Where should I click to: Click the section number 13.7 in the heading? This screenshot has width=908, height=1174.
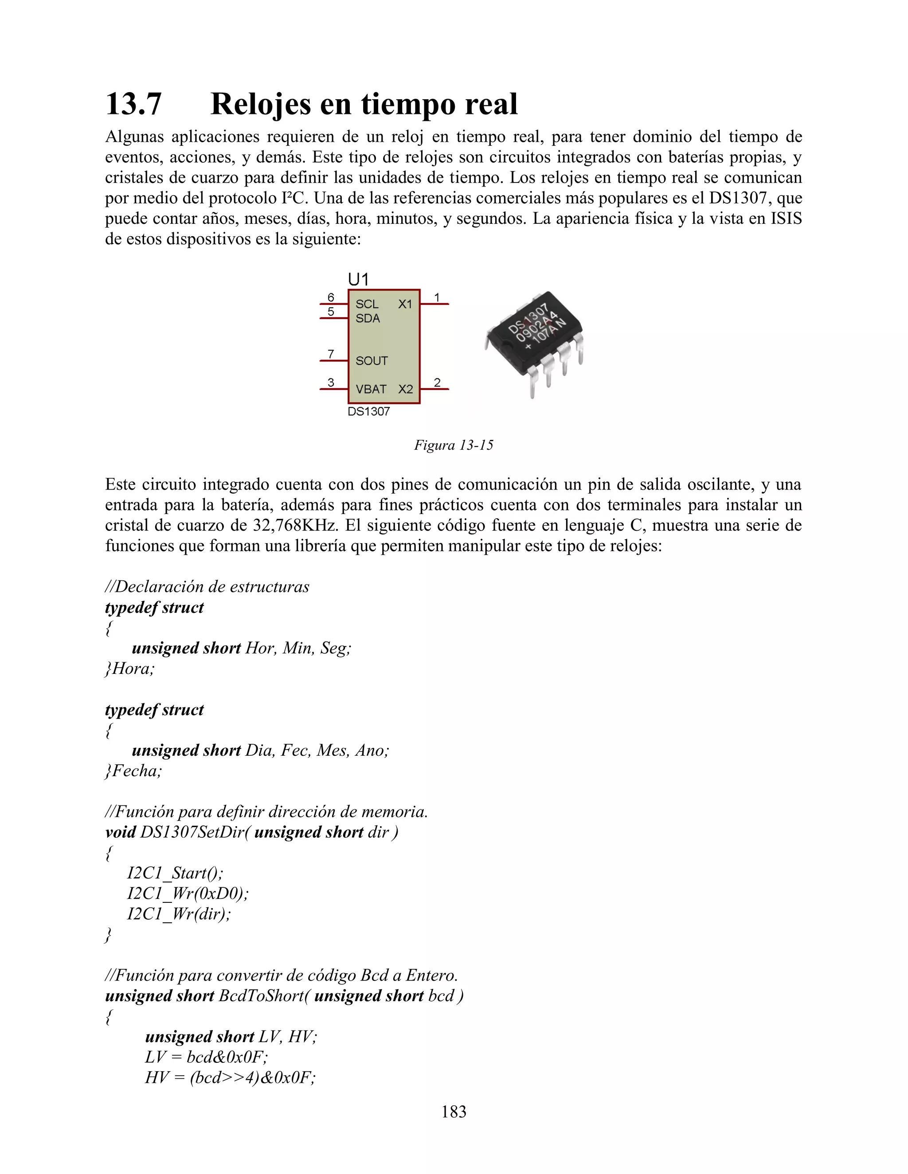[x=133, y=104]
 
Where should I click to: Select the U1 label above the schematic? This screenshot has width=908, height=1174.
[x=358, y=280]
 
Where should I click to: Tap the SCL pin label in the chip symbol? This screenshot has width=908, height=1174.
[x=366, y=304]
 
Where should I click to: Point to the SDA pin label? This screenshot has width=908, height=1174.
[x=368, y=318]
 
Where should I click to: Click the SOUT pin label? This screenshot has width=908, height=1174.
[x=371, y=361]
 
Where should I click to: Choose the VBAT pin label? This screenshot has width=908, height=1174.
[x=371, y=389]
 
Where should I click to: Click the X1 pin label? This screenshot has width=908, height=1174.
[x=405, y=304]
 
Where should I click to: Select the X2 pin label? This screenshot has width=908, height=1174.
[x=406, y=389]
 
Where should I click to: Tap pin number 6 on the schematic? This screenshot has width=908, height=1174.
[x=331, y=297]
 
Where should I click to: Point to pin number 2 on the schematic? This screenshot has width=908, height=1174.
[x=437, y=382]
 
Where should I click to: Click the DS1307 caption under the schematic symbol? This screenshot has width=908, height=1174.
[x=368, y=412]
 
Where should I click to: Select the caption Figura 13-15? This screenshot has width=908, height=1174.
[x=453, y=445]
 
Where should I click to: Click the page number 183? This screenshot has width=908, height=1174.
[x=454, y=1112]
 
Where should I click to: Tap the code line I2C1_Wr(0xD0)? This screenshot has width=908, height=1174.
[x=188, y=894]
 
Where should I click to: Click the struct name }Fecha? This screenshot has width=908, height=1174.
[x=133, y=771]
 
